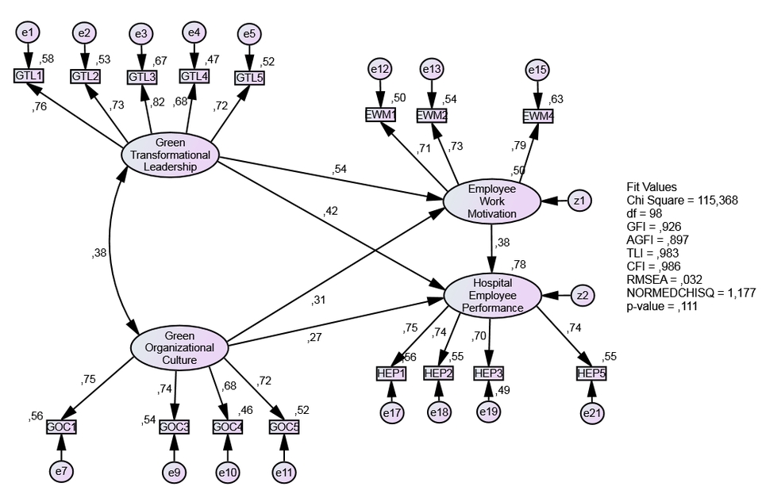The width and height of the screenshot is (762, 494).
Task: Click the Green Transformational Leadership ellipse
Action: point(171,155)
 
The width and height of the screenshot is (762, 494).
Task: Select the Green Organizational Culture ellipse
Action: point(179,347)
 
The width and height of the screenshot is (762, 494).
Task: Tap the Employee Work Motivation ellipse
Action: point(492,201)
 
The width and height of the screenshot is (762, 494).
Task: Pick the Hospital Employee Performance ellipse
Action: point(492,295)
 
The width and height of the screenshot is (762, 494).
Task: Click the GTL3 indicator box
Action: point(142,77)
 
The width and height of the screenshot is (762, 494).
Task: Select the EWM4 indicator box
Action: point(537,117)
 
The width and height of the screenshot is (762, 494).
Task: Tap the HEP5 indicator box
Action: point(591,373)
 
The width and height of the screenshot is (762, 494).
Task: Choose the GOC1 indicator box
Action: point(62,426)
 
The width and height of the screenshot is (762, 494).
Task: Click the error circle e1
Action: point(28,33)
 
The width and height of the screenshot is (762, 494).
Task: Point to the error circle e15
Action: point(537,71)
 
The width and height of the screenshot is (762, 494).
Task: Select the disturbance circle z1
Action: point(580,201)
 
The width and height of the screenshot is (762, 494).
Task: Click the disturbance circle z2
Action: point(583,295)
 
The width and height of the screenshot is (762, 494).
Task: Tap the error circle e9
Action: point(175,473)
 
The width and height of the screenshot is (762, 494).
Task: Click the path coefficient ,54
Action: point(341,170)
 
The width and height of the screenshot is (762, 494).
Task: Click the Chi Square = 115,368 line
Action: point(682,201)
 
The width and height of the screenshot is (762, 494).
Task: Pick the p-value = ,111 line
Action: point(661,306)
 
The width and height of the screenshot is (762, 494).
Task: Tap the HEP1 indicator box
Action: point(391,373)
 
